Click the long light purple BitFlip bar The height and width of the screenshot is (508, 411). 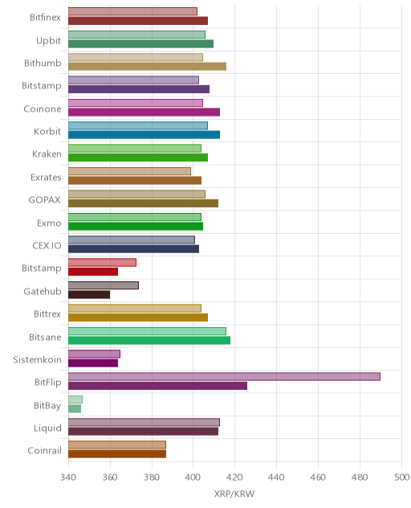[x=224, y=376]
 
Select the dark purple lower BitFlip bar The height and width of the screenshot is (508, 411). [x=157, y=386]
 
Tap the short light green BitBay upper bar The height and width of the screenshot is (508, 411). [x=75, y=399]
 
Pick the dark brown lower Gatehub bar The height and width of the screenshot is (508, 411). [x=89, y=294]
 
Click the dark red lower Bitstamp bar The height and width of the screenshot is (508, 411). [x=93, y=272]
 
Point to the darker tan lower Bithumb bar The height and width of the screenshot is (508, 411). [x=147, y=67]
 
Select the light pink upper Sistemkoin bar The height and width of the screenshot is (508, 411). [x=94, y=354]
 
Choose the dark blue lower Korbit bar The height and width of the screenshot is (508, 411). [x=144, y=135]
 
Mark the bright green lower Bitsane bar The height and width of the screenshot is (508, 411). [x=149, y=340]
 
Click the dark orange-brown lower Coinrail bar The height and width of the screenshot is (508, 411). [x=117, y=454]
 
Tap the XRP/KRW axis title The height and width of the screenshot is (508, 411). [x=234, y=494]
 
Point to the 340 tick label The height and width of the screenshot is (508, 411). [x=68, y=477]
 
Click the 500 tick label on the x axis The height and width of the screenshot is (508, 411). [x=401, y=477]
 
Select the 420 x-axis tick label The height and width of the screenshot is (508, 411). [x=234, y=477]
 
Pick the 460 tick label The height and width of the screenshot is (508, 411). [x=318, y=477]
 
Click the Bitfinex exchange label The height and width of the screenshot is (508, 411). [x=45, y=17]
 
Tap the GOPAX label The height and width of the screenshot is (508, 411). [x=45, y=199]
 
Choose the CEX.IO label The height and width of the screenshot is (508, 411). [x=47, y=246]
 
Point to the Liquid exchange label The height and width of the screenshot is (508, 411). [x=47, y=428]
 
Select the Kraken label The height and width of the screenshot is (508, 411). [x=47, y=154]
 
